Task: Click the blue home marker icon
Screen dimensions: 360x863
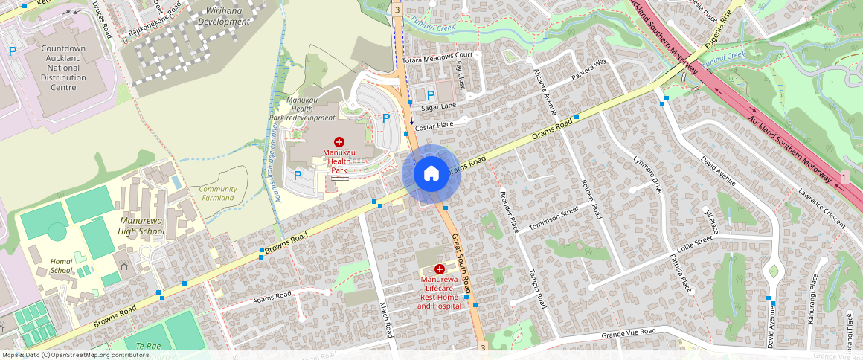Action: point(431,174)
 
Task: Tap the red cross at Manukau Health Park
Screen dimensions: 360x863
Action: point(339,141)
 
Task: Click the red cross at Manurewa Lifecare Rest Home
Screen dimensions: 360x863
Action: point(439,268)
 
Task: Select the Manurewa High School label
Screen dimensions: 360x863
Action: point(141,226)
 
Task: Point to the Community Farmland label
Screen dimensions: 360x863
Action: point(217,193)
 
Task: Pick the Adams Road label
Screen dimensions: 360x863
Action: point(272,296)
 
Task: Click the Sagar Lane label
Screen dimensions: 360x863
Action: point(438,107)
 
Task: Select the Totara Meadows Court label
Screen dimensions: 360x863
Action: point(437,56)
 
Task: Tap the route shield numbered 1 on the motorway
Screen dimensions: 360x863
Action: point(844,176)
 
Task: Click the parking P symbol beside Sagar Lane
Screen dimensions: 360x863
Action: point(431,94)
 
